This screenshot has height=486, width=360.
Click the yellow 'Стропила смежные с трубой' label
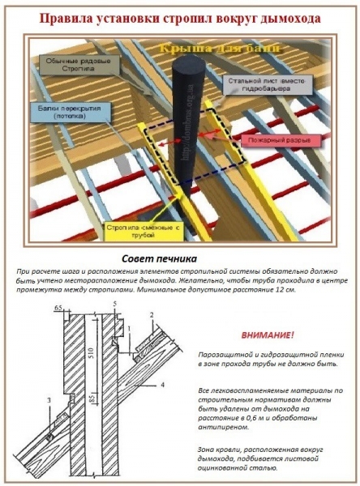pyautogui.click(x=144, y=232)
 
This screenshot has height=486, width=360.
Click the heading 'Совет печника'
pyautogui.click(x=179, y=258)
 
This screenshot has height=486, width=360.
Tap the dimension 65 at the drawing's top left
pyautogui.click(x=58, y=309)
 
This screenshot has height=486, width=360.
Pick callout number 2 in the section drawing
pyautogui.click(x=151, y=312)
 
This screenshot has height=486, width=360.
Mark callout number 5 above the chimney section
pyautogui.click(x=115, y=303)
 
